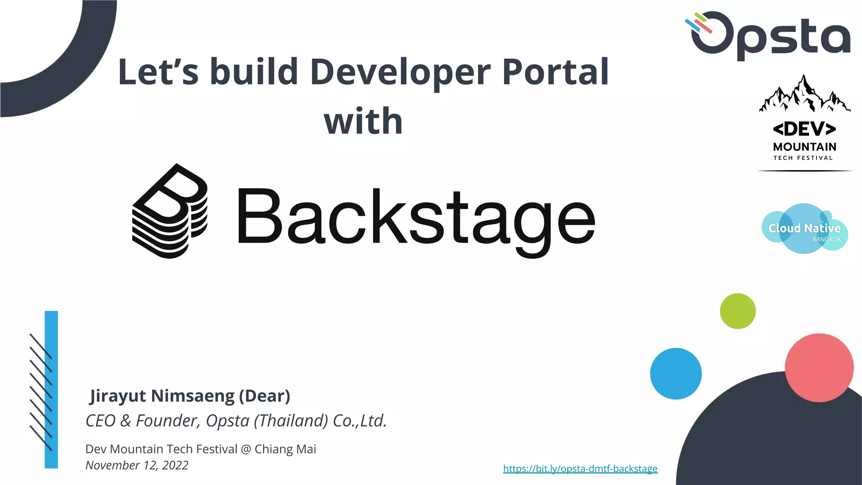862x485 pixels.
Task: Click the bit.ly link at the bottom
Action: click(x=580, y=469)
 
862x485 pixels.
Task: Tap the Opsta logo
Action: click(x=769, y=35)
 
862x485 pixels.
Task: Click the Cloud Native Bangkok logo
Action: click(x=804, y=229)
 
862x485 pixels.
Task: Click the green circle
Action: click(x=737, y=311)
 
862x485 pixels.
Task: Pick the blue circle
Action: click(x=676, y=373)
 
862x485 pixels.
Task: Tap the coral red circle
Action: click(x=819, y=368)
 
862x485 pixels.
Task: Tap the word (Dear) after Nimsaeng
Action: click(x=265, y=396)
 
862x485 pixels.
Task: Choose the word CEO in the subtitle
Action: click(x=101, y=421)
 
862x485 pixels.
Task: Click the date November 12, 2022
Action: click(x=137, y=465)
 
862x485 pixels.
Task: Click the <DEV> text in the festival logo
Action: click(x=804, y=129)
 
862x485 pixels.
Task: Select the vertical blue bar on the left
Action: click(x=51, y=389)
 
